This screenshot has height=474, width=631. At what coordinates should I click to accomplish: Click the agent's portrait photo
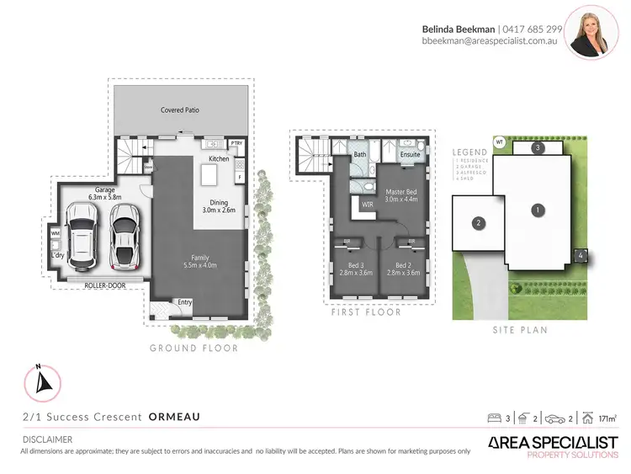tap(592, 33)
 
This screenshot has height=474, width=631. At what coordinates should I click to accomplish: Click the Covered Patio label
tap(180, 110)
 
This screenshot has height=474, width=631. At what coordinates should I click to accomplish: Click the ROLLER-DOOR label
tap(104, 285)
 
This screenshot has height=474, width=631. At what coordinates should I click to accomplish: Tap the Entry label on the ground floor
tap(183, 301)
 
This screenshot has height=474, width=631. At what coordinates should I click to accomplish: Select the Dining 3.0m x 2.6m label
tap(218, 206)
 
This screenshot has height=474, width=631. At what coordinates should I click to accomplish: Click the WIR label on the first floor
tap(367, 204)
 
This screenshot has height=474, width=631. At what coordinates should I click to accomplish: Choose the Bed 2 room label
tap(403, 268)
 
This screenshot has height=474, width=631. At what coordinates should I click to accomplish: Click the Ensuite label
tap(410, 155)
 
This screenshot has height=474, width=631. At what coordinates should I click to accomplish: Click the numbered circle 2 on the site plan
tap(479, 223)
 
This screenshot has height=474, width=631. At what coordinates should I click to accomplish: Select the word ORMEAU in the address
tap(174, 417)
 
